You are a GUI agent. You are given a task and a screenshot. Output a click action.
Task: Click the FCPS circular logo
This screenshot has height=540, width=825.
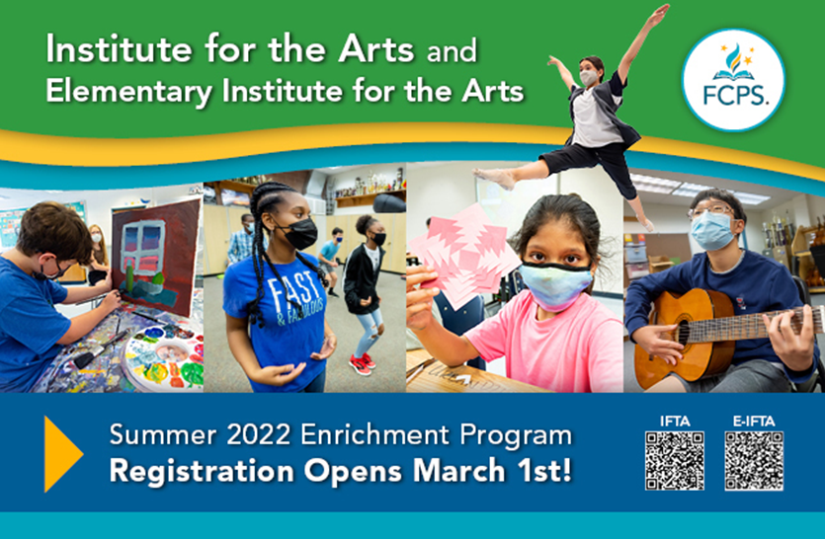[x=733, y=79]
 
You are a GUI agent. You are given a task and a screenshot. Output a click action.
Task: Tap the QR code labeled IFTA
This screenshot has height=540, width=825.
[x=675, y=461]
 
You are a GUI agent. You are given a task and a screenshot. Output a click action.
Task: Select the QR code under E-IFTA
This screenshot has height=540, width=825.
[x=754, y=461]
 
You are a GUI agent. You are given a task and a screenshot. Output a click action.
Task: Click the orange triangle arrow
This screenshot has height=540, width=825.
[x=63, y=454]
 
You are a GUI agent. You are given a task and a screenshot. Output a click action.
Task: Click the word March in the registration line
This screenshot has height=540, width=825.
[x=458, y=471]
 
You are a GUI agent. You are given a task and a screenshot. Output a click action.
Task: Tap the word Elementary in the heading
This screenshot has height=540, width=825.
[x=129, y=91]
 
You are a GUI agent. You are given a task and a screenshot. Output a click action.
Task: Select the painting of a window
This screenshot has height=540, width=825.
[x=155, y=257]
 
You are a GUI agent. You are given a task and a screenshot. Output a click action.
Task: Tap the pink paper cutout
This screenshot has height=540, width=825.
[x=460, y=254]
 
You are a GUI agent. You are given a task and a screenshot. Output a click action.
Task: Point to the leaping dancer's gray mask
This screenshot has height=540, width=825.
[x=589, y=78]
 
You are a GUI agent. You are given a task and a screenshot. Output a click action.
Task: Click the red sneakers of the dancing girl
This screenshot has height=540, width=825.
[x=363, y=364]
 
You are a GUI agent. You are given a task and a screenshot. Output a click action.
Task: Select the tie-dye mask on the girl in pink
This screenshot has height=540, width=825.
[x=554, y=287]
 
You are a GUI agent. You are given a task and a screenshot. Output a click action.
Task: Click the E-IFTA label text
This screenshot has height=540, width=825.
[x=754, y=422]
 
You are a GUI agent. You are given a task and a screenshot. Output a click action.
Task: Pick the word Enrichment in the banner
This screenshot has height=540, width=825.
[x=375, y=434]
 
